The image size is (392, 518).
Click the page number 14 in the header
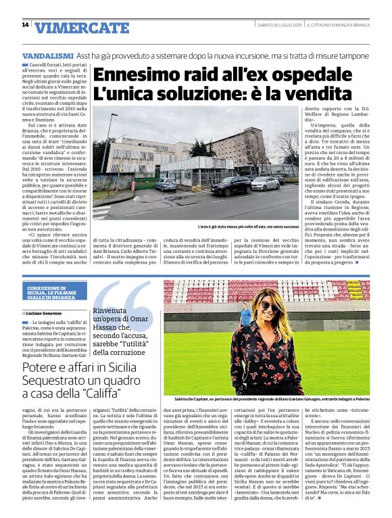click(x=25, y=25)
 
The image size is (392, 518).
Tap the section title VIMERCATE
click(x=82, y=28)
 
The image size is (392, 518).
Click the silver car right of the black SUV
click(x=264, y=183)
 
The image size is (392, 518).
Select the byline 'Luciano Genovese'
click(x=47, y=314)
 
